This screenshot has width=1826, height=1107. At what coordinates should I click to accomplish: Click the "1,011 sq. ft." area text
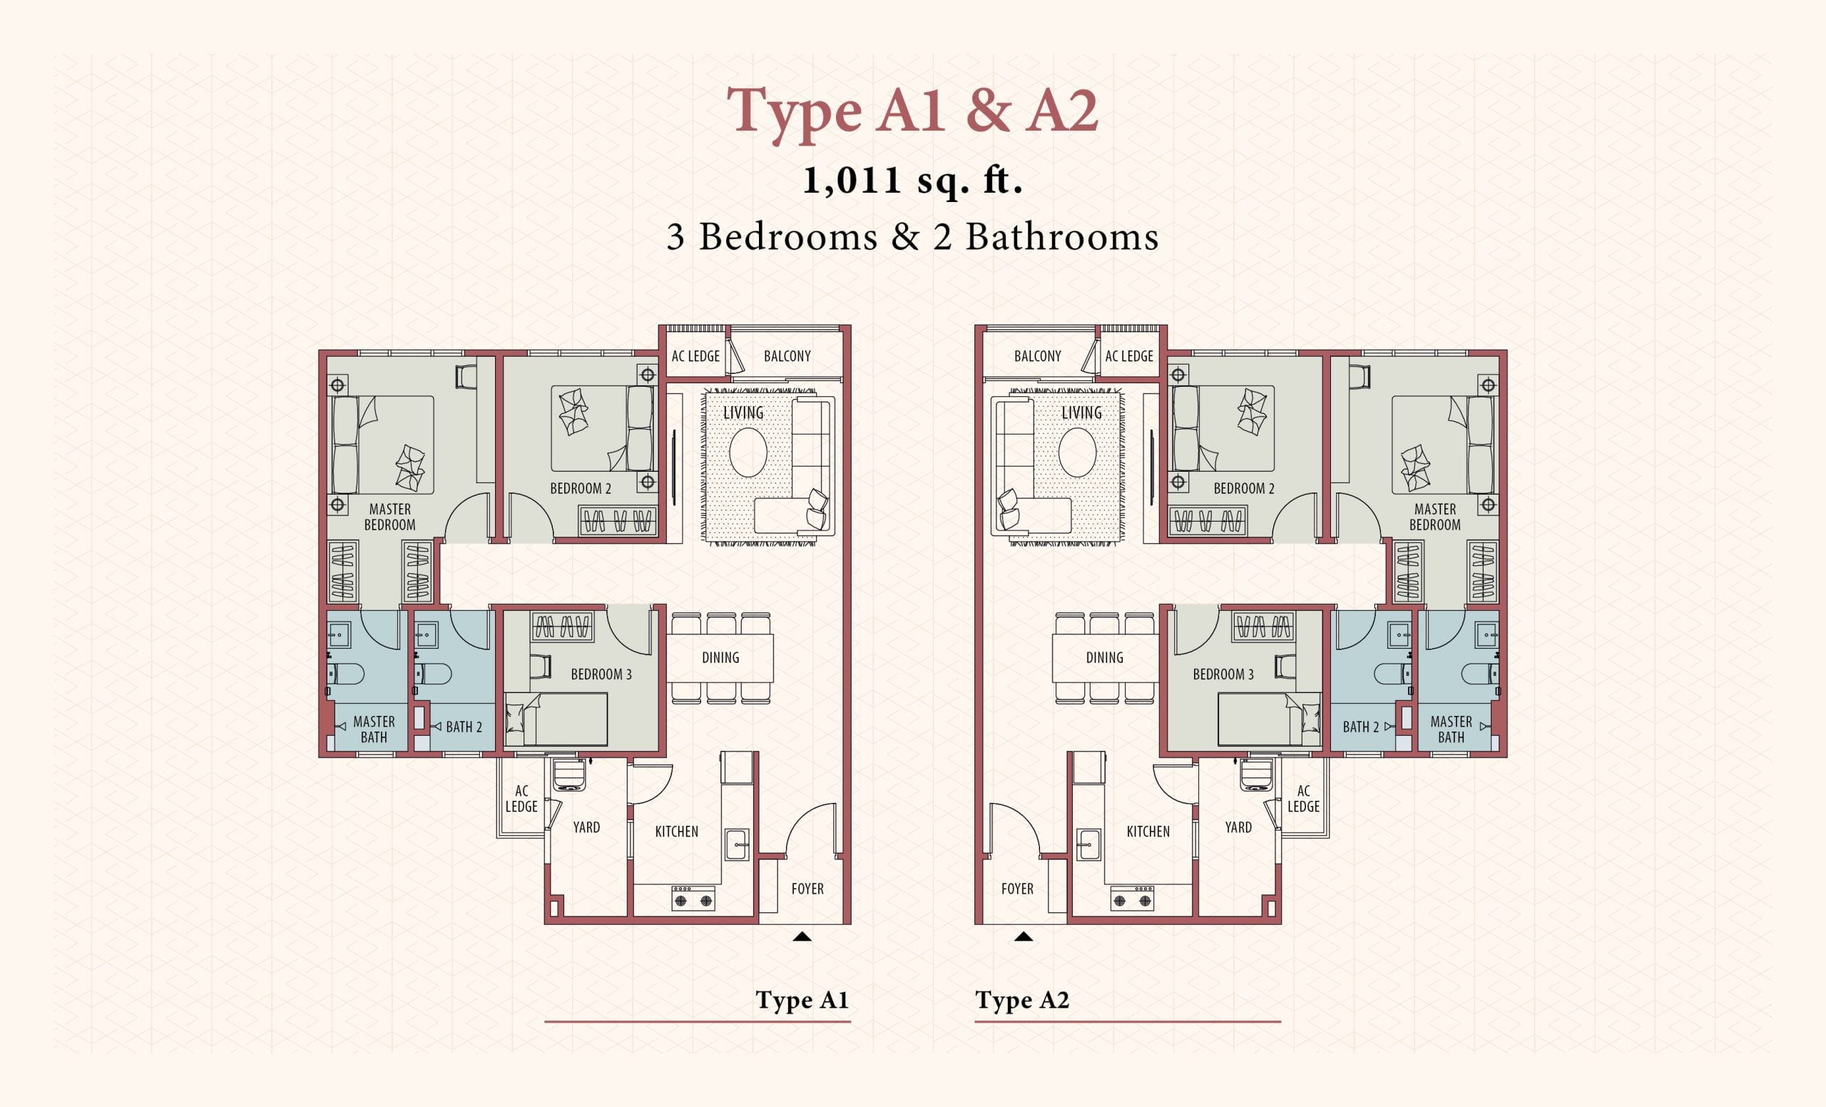coord(913,181)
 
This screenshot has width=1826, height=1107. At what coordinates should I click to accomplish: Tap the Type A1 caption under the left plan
coord(802,1000)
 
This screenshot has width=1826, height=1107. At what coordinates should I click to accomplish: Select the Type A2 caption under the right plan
coord(1023,1000)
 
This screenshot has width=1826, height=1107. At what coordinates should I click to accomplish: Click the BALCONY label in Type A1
coord(787,356)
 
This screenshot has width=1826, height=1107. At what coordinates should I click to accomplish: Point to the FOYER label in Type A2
coord(1016,889)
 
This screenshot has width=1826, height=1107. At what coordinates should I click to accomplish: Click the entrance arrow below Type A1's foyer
coord(802,936)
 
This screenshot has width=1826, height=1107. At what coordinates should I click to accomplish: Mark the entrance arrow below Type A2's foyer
coord(1024,936)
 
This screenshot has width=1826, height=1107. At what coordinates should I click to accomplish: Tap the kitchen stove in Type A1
coord(693,898)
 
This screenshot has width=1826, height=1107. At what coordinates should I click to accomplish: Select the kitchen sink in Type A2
coord(1088,844)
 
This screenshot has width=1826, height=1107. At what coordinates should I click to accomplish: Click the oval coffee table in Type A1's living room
coord(748,453)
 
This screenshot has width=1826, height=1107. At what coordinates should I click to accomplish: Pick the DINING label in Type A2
coord(1104,657)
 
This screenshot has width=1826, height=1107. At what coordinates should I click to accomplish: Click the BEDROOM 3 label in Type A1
coord(601,674)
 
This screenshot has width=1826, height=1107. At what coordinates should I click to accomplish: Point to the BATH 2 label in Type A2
coord(1361,727)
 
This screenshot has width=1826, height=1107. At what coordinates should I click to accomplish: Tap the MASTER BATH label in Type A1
coord(374,729)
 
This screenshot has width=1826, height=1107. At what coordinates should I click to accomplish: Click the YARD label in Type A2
coord(1238,827)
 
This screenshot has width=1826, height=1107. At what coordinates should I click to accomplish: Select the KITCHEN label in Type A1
coord(676,831)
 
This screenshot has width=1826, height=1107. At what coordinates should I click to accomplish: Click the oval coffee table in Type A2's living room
coord(1077,453)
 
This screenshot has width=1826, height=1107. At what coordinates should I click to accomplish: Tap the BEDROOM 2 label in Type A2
coord(1243,488)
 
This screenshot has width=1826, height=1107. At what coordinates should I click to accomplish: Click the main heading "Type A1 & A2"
coord(912,111)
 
